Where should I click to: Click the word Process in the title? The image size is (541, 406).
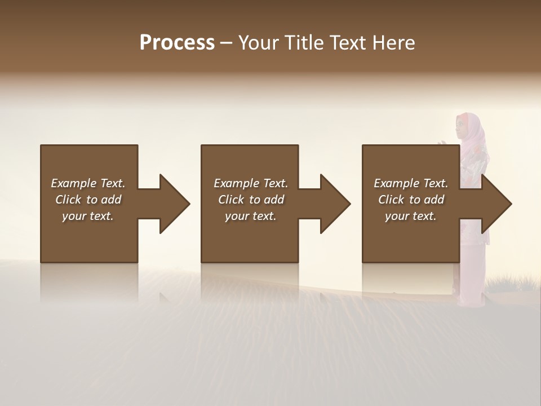point(177,43)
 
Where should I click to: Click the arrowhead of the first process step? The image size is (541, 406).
point(174,204)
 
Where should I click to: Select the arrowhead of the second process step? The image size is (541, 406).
point(335,204)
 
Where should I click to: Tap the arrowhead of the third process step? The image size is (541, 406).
point(496,204)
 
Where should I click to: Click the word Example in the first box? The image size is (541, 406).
point(73,183)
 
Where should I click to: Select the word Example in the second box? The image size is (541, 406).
point(236,183)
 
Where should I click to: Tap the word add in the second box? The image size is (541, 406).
point(274,200)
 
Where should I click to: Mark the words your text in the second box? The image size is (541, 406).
point(250,216)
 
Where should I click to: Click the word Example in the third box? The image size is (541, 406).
point(396,183)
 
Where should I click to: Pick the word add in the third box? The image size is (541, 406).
point(434,200)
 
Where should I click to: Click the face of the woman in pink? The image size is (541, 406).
point(463,127)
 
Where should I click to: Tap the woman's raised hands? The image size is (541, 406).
point(445,144)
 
